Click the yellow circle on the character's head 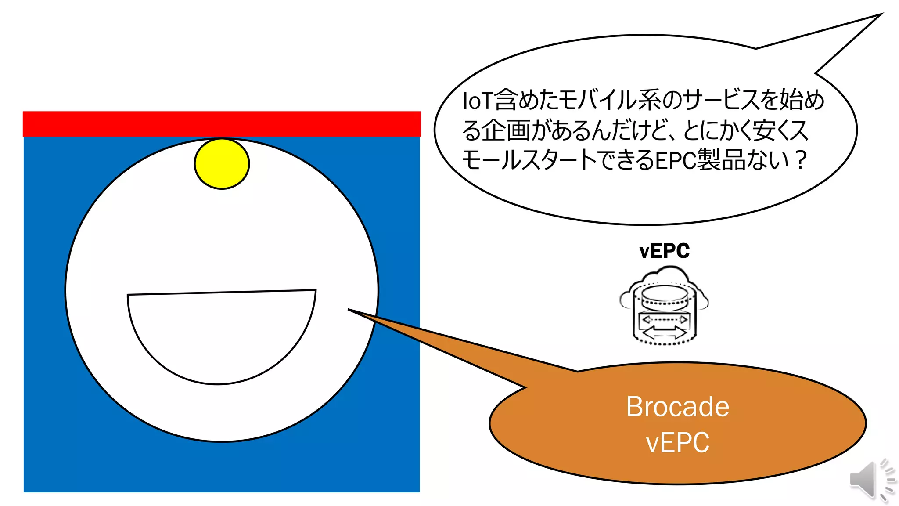[222, 164]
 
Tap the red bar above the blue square [222, 124]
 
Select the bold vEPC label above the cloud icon [664, 251]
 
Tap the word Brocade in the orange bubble [677, 407]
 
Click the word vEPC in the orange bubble [677, 442]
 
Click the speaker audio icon [871, 480]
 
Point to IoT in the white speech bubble [478, 101]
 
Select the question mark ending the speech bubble [801, 160]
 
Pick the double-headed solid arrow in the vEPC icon [664, 333]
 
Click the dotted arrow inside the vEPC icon [664, 319]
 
